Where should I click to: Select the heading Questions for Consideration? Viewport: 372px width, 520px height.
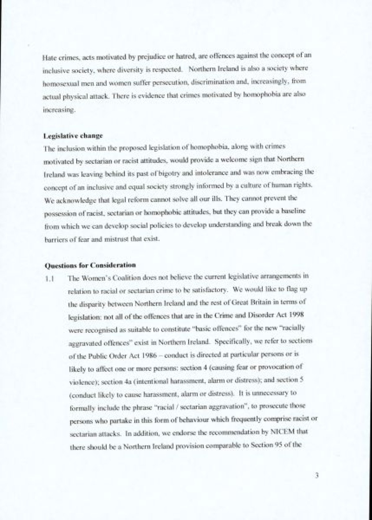coord(90,265)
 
